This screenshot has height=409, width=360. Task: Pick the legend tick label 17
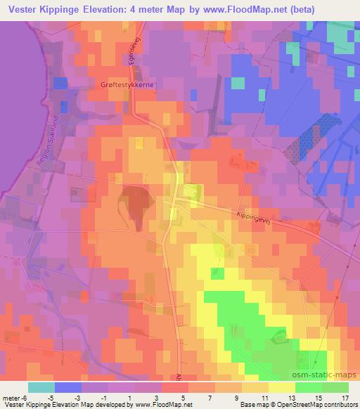(x=345, y=397)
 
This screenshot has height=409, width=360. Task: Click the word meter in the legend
(x=11, y=397)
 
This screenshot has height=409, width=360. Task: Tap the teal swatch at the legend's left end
(x=41, y=387)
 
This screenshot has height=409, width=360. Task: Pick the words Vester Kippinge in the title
(x=44, y=10)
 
